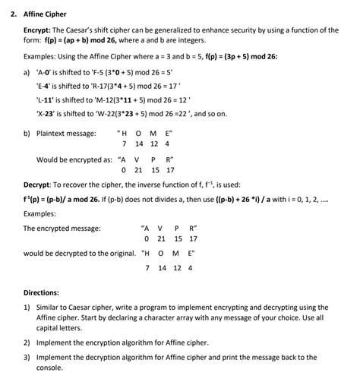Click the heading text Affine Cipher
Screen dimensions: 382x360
(45, 14)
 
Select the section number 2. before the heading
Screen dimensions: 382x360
(11, 14)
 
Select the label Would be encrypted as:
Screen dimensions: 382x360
(77, 159)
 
